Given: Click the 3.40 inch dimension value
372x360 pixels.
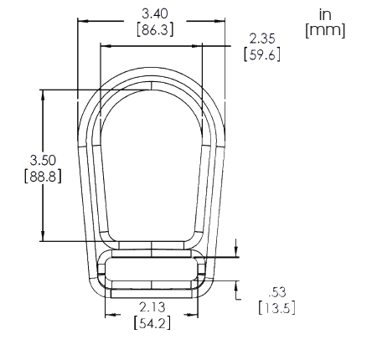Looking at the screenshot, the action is coord(155,13).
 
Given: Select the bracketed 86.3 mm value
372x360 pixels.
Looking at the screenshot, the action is coord(155,29).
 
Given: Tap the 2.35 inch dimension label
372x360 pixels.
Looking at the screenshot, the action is coord(262,39).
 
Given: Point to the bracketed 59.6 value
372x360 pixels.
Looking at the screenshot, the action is coord(262,54).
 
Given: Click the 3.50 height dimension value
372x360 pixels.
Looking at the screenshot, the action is coord(43,160).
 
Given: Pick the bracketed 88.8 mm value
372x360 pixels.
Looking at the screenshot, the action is coord(43,177).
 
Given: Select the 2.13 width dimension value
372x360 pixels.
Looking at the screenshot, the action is coord(152,307).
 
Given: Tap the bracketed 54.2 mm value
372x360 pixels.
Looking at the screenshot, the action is coord(152,323).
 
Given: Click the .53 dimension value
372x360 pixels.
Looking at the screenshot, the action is coord(277,292).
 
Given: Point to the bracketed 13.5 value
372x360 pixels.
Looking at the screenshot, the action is coord(276,308).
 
